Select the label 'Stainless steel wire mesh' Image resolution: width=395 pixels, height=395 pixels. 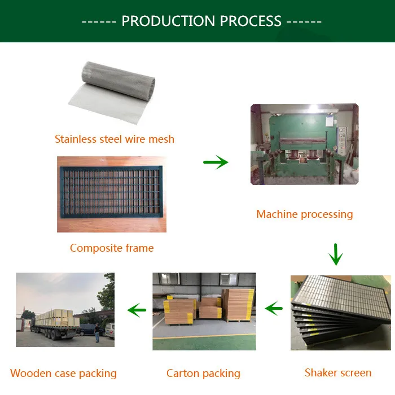tap(115, 139)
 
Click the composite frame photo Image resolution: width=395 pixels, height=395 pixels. tap(112, 194)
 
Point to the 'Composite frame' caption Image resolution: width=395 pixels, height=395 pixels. tap(112, 248)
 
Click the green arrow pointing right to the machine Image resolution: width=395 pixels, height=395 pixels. tap(216, 163)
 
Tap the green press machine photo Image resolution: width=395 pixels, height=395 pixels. tap(304, 144)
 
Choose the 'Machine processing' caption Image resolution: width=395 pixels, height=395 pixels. tap(304, 214)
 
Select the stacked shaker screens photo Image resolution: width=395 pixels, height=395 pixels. tap(340, 311)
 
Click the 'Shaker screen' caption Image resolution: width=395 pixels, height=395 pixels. tap(338, 372)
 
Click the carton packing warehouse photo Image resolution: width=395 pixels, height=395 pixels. tap(204, 311)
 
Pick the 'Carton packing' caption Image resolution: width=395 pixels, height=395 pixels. tap(203, 373)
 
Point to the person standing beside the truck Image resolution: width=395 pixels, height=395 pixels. tap(97, 332)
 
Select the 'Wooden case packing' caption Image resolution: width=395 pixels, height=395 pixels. tap(64, 373)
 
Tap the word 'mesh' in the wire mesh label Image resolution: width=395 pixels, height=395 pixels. tap(161, 139)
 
